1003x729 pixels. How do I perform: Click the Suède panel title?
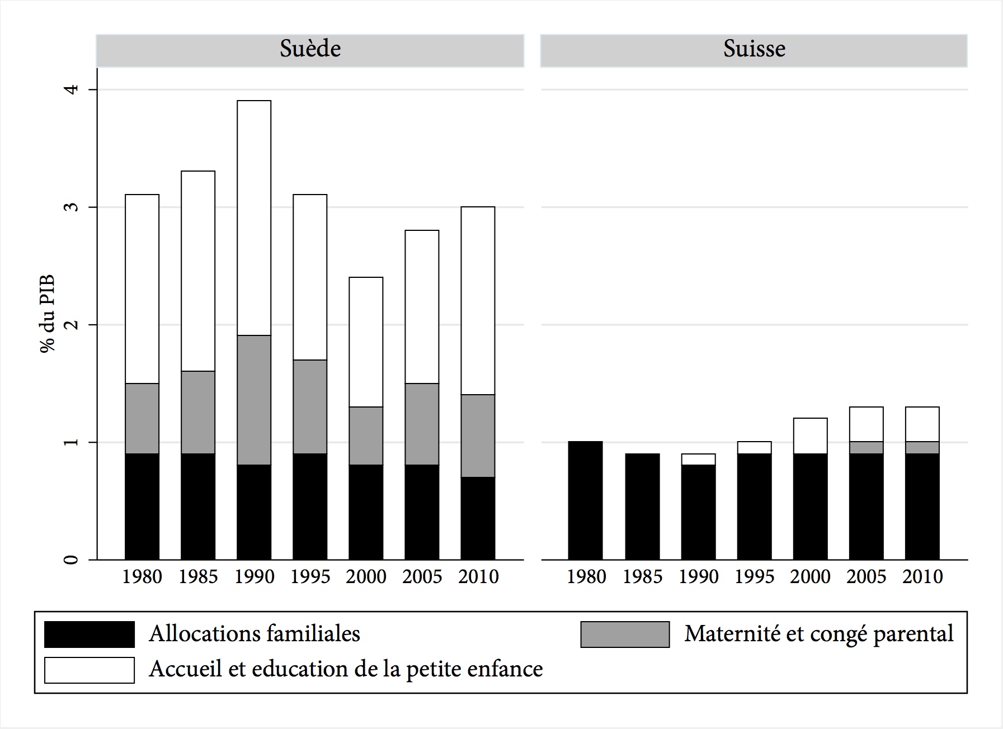[310, 49]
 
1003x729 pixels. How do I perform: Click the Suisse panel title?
[754, 49]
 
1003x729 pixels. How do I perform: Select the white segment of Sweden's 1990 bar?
[254, 218]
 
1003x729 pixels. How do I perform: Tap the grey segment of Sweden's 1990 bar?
[254, 400]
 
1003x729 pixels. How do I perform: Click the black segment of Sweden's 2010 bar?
[478, 518]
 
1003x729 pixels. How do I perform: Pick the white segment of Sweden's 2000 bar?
[366, 342]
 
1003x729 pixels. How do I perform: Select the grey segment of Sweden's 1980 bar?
[142, 418]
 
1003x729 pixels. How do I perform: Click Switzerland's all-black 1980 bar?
[586, 500]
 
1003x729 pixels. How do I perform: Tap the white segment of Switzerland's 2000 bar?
[810, 435]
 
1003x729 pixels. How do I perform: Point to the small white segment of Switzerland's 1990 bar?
[698, 459]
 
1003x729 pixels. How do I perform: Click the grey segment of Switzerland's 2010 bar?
[922, 447]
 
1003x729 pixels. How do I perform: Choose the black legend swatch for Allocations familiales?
[90, 635]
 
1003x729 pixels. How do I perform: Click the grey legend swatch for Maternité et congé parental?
[625, 635]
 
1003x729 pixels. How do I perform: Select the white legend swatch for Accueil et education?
[90, 670]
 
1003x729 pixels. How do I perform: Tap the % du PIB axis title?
[48, 314]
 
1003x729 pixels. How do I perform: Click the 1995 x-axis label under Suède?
[310, 577]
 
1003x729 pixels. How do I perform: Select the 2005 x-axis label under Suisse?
[866, 577]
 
